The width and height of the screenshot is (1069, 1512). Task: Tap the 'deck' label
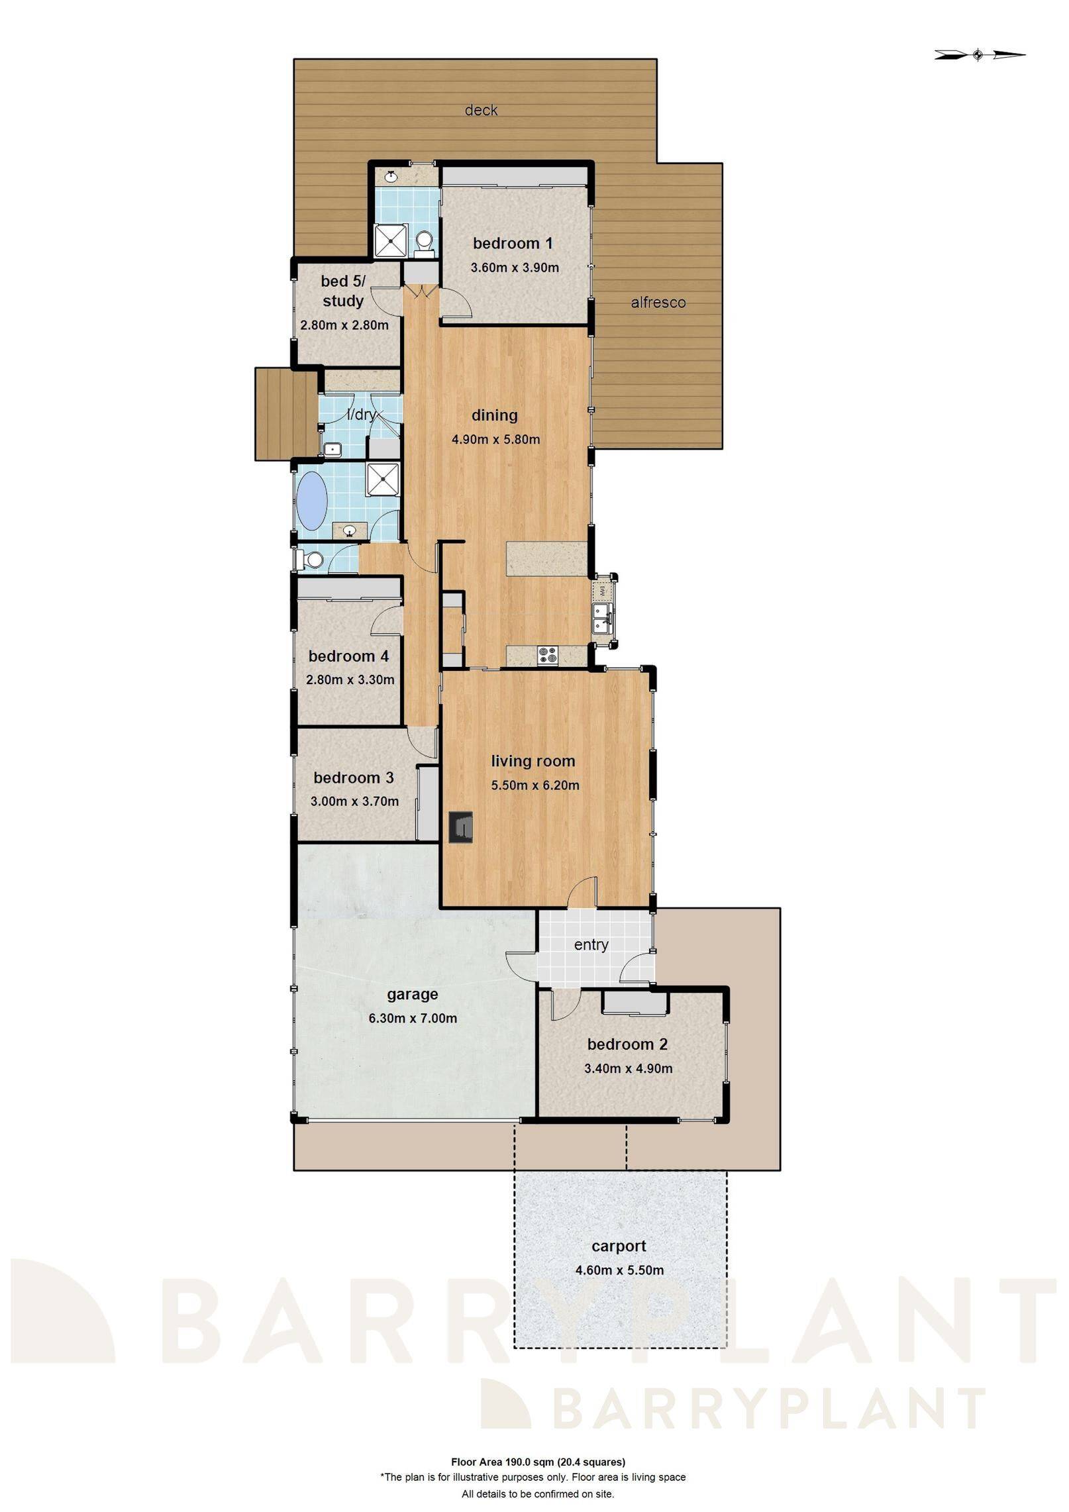[481, 110]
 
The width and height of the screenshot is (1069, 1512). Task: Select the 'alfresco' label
[658, 303]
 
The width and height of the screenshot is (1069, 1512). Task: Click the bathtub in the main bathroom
[312, 498]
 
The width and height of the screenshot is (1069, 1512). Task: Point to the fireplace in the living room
[460, 827]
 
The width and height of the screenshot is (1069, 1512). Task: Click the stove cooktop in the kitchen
[548, 655]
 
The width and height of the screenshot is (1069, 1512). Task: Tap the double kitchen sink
[601, 617]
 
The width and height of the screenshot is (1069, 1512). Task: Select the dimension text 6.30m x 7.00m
[413, 1018]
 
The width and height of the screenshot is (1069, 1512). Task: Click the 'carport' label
[619, 1246]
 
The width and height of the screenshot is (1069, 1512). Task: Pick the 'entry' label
[591, 944]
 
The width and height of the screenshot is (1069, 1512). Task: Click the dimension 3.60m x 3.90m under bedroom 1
[515, 268]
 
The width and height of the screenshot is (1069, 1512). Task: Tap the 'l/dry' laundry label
[362, 415]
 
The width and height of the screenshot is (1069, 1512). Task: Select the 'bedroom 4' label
[348, 656]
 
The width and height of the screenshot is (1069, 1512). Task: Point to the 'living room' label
[533, 761]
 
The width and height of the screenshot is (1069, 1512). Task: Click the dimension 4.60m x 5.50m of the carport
[619, 1270]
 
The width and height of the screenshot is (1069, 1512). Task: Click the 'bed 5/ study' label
[343, 291]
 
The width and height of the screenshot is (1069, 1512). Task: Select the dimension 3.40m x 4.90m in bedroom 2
[628, 1068]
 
